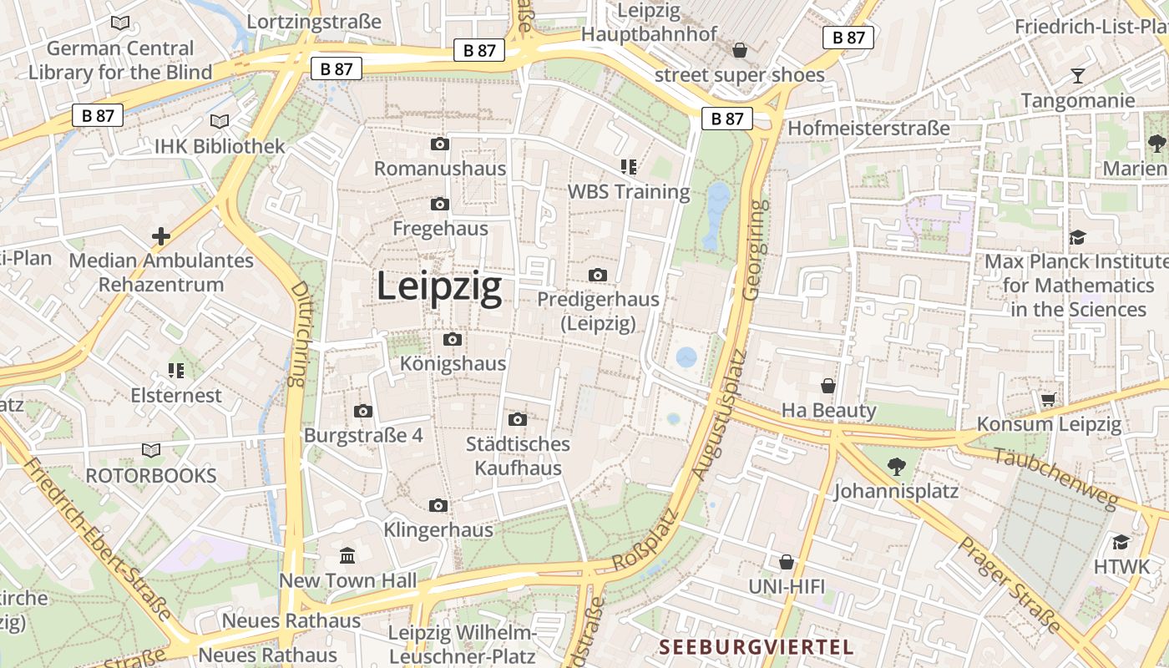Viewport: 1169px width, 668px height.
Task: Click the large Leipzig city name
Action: tap(439, 286)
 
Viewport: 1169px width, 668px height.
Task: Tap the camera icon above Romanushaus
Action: tap(440, 144)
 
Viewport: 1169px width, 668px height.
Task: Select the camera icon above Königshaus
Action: tap(453, 339)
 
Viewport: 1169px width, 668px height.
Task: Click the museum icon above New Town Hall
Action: tap(347, 555)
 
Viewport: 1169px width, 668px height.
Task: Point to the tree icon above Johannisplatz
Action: tap(897, 466)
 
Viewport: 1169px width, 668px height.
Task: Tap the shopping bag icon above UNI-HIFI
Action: tap(786, 562)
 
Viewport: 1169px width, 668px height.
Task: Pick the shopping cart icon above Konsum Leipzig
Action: tap(1049, 399)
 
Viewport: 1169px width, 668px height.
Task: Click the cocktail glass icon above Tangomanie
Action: tap(1078, 76)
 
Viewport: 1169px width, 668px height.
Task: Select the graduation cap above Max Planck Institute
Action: tap(1077, 237)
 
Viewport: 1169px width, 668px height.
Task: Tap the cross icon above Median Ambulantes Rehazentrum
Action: tap(161, 236)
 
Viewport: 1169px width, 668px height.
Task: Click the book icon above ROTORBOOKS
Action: tap(151, 451)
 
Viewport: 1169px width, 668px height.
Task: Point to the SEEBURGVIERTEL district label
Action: tap(756, 647)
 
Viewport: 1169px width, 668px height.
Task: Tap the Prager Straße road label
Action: tap(1009, 584)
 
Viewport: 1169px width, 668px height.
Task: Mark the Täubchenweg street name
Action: tap(1055, 478)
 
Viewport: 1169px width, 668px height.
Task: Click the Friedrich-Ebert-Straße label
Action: tap(99, 539)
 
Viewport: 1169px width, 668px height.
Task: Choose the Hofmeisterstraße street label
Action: tap(868, 129)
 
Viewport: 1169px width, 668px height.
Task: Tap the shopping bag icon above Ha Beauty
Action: tap(828, 386)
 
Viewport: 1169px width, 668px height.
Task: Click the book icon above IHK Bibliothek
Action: tap(220, 122)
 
